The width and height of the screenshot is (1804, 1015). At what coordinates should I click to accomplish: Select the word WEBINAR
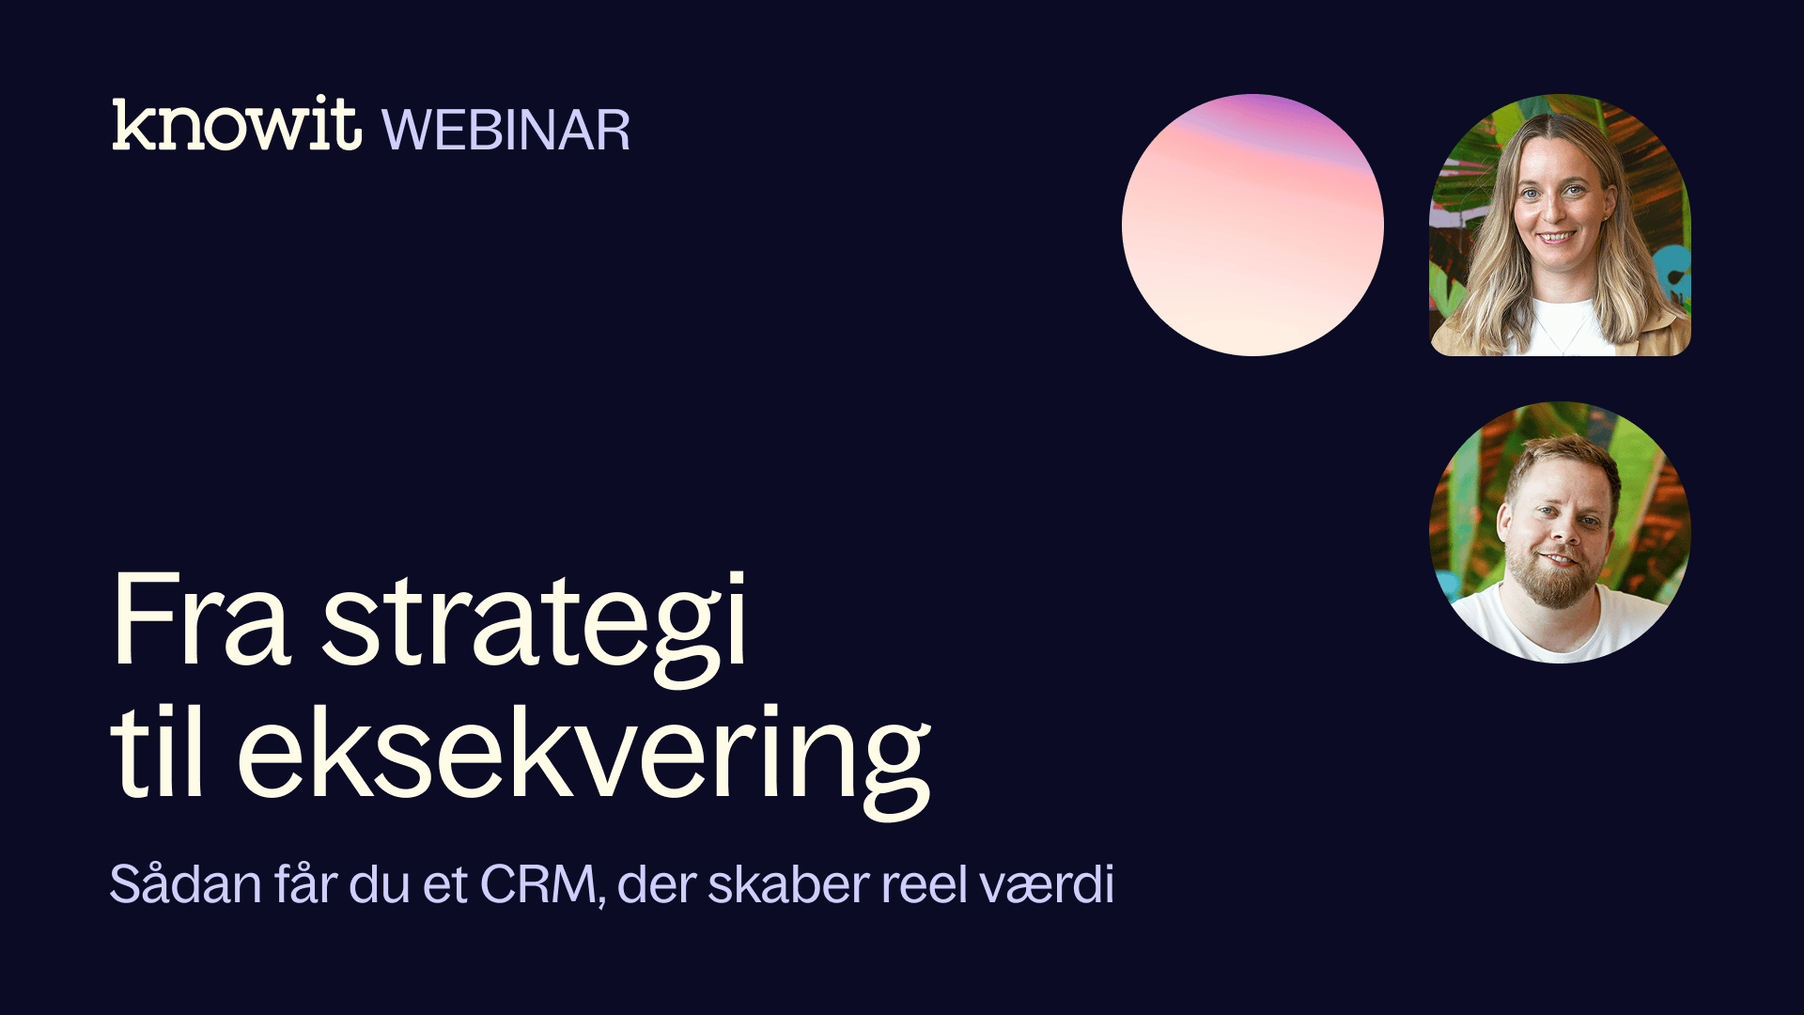[x=506, y=130]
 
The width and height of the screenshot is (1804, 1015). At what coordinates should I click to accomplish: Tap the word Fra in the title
[x=201, y=620]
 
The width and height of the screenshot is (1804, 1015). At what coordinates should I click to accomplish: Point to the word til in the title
[x=158, y=752]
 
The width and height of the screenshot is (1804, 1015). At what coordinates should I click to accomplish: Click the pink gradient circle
[x=1252, y=225]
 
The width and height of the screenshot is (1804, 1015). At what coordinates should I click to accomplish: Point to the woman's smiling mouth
[x=1556, y=238]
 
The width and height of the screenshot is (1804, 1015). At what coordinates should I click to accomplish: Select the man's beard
[x=1555, y=575]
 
